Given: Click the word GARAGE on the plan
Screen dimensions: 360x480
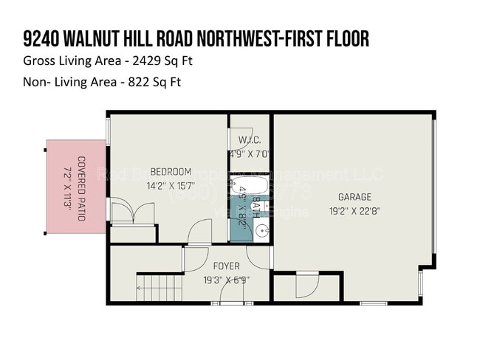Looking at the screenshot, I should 354,197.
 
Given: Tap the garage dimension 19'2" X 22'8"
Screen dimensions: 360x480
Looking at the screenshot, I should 354,210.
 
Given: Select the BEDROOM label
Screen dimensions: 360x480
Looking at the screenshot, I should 171,172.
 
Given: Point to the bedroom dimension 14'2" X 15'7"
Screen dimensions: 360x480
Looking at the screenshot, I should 171,185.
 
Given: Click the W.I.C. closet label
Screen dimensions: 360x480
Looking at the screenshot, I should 249,141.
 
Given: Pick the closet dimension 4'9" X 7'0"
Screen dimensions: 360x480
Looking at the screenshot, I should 249,155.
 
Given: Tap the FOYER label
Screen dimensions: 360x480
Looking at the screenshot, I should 226,266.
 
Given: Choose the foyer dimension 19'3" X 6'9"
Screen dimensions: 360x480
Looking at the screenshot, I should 226,280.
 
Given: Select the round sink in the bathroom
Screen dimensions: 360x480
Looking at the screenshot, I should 262,231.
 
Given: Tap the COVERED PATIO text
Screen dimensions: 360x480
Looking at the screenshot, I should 81,188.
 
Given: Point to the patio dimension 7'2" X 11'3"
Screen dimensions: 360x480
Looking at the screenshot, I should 68,188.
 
